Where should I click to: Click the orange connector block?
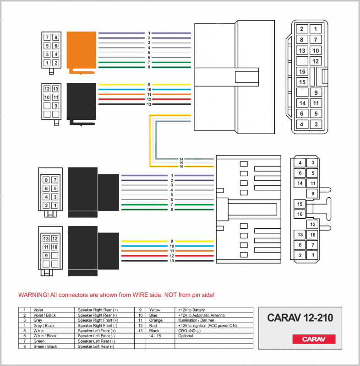tap(82, 50)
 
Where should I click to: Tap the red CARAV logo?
tap(314, 339)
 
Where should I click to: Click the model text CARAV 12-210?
tap(300, 318)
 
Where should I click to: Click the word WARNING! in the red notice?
tap(33, 295)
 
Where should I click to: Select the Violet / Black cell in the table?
tap(44, 315)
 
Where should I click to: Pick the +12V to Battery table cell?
tap(191, 310)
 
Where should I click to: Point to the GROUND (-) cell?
tap(189, 330)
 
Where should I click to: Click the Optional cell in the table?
tap(185, 336)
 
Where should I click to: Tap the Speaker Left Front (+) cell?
tap(98, 330)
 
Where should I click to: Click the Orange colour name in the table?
tap(156, 320)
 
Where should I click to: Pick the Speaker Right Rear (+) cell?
tap(98, 310)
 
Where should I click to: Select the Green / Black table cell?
tap(45, 346)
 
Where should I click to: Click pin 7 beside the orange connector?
tap(47, 38)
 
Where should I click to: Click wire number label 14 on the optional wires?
tap(181, 159)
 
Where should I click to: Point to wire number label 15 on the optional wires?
tap(181, 163)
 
